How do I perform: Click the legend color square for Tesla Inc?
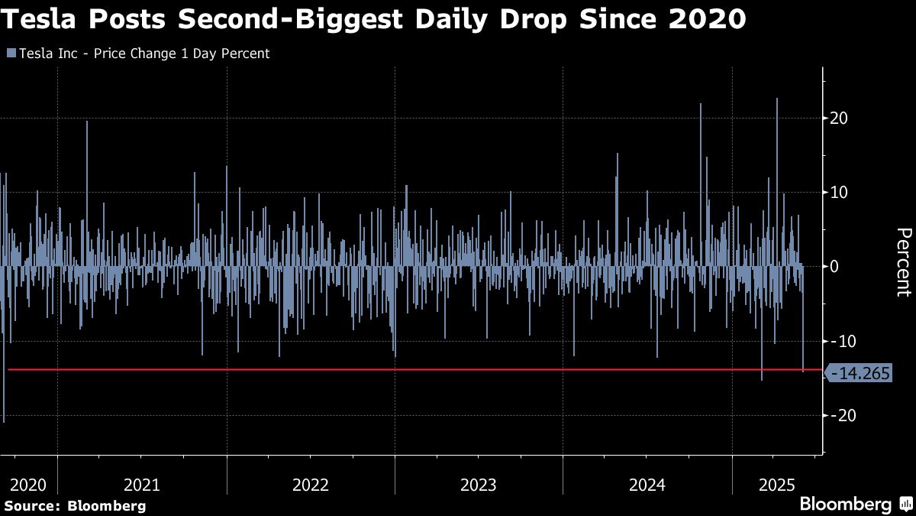(11, 54)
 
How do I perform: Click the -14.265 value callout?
(859, 374)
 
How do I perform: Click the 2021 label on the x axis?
(141, 485)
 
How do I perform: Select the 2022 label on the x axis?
(310, 485)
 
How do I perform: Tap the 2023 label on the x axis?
(479, 485)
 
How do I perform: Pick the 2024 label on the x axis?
(647, 485)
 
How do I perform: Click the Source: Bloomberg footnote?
(75, 505)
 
